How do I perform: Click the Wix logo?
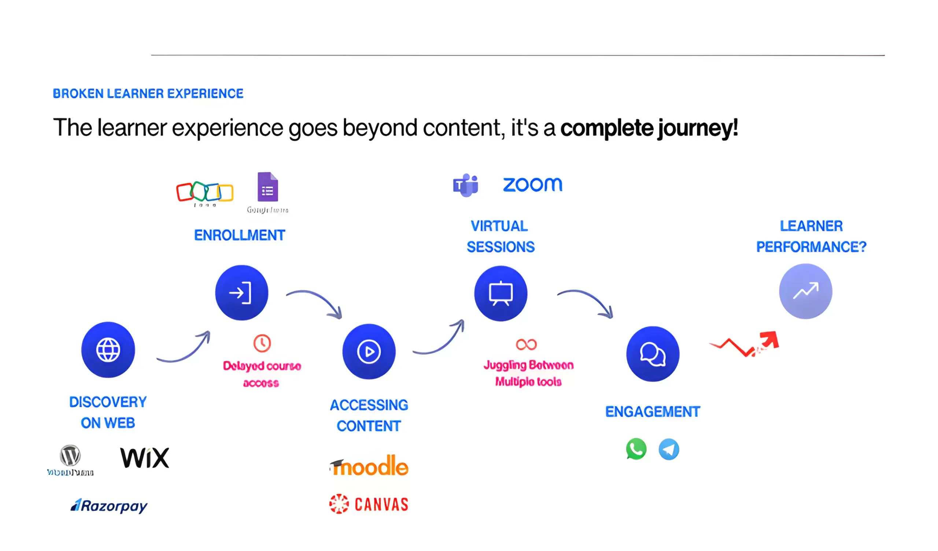tap(144, 458)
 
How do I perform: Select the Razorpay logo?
tap(109, 506)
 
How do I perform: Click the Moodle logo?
tap(369, 466)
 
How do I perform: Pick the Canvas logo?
tap(369, 505)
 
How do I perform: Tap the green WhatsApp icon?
tap(636, 449)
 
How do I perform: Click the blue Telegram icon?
tap(669, 450)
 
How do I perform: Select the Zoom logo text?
tap(533, 185)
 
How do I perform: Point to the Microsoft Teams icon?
tap(465, 185)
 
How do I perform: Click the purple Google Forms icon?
tap(267, 187)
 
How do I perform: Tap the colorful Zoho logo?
tap(205, 192)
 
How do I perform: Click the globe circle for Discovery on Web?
tap(108, 350)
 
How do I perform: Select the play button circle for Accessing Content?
tap(369, 351)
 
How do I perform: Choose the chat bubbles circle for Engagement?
tap(653, 354)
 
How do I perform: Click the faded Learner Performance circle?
tap(805, 291)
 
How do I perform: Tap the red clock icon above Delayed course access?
tap(262, 343)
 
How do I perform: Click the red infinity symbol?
tap(526, 345)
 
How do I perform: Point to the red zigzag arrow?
tap(745, 345)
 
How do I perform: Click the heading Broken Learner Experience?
tap(148, 93)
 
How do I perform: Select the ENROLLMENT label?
tap(239, 235)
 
